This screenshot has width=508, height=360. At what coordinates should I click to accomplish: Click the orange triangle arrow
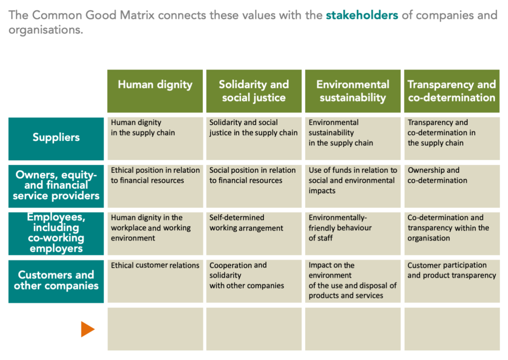click(87, 329)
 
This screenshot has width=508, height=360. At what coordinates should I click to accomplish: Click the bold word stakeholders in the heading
click(362, 15)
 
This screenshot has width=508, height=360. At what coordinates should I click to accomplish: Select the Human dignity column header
click(155, 90)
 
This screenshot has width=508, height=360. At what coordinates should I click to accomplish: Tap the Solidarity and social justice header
click(254, 90)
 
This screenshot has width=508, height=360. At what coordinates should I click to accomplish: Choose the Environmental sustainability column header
click(352, 90)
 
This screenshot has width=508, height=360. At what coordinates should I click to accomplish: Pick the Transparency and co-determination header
click(451, 90)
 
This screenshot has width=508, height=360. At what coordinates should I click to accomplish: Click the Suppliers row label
click(56, 138)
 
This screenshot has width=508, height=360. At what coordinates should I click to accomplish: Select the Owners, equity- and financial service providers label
click(56, 185)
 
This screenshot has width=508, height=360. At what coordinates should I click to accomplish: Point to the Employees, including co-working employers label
click(56, 233)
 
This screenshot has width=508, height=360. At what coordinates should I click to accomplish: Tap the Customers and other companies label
click(56, 281)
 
